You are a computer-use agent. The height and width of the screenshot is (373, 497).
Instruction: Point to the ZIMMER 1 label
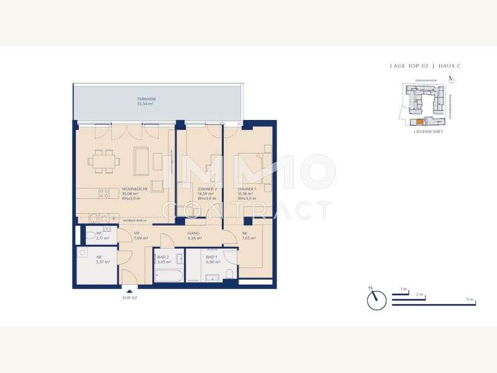click(247, 189)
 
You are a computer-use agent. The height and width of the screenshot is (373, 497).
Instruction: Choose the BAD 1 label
click(211, 257)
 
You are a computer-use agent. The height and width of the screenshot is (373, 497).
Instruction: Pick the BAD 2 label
click(163, 257)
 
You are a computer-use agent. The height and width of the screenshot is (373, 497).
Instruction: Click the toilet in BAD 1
click(230, 274)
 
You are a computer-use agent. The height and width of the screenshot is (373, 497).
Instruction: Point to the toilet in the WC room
click(91, 236)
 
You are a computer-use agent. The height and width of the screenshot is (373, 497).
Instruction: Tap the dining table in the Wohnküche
click(104, 161)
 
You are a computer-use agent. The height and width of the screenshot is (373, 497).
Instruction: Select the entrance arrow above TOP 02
click(130, 288)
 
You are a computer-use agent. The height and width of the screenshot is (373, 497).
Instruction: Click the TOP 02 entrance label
click(130, 298)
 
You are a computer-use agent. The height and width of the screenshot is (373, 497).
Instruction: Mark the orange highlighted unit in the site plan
click(419, 122)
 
